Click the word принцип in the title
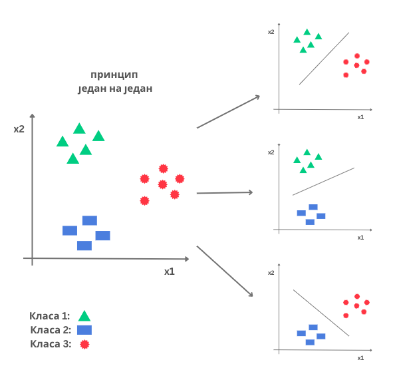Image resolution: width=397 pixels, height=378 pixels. point(114,75)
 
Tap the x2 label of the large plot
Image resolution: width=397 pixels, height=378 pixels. point(19,129)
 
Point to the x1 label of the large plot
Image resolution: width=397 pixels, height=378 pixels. point(170,272)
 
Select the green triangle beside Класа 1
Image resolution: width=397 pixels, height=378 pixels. point(84,316)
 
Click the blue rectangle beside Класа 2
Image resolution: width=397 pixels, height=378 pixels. point(84,330)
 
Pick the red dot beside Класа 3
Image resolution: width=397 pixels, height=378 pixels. point(84,344)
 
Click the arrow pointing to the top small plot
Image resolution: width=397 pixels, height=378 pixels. point(228,112)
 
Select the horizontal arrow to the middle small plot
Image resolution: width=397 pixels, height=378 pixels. point(225,193)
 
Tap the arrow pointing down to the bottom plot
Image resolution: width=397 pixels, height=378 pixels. point(225,271)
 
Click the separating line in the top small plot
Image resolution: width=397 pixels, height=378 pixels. point(324,59)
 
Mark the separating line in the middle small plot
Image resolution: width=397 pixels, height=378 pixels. point(323,182)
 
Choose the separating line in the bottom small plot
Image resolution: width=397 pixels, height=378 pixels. point(321,313)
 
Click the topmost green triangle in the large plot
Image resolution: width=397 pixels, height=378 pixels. point(79,128)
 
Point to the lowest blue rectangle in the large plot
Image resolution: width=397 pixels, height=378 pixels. point(84,246)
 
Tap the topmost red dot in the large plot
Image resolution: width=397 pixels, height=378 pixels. point(164,168)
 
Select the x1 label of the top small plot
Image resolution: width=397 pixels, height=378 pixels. point(360,117)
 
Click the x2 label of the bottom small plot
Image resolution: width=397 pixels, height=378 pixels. point(271,273)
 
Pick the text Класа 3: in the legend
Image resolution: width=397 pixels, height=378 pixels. point(51,344)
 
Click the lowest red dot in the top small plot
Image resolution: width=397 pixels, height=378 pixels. point(346,75)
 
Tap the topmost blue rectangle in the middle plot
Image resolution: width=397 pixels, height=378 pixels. point(313,207)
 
